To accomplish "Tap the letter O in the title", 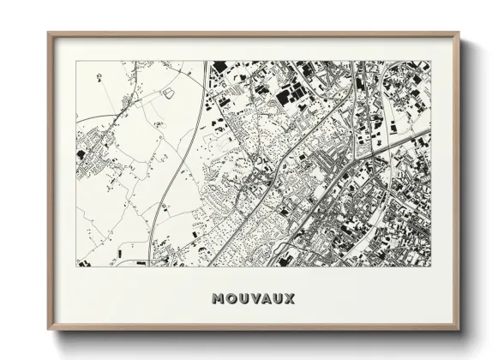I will point(228,299).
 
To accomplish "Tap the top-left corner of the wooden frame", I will point(49,33).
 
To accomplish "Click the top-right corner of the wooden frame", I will point(459,33).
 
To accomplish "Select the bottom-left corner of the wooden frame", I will point(49,330).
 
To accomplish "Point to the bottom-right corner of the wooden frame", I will point(459,330).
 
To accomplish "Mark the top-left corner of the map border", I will point(77,62).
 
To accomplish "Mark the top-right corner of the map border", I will point(431,62).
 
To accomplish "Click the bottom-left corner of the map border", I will point(77,266).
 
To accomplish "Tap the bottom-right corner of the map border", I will point(431,266).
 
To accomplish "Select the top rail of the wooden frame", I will point(254,34).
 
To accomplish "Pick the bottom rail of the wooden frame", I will point(254,329).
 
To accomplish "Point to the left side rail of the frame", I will point(50,182).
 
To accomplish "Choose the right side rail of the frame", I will point(458,182).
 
